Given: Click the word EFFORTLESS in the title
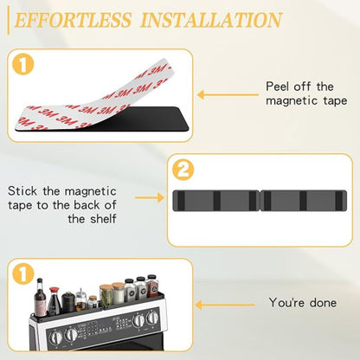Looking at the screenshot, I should point(74,20).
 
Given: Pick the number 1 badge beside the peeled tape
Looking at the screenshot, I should point(22,63).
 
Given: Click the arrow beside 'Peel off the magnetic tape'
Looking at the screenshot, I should point(216,96).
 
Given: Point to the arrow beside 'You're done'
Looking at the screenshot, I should point(216,304).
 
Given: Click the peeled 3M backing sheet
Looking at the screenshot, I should point(95,87).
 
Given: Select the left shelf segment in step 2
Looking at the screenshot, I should point(217,201).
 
